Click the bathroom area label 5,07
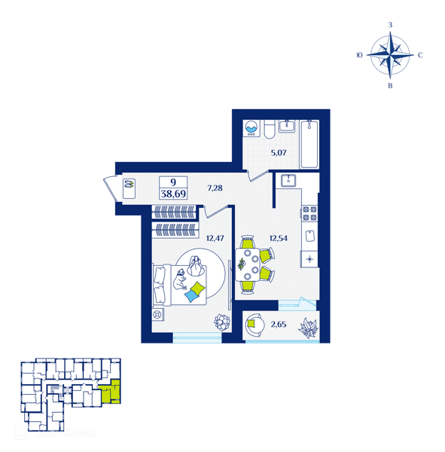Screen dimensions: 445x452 279,153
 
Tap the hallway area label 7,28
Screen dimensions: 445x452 215,188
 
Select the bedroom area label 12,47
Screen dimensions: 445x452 215,238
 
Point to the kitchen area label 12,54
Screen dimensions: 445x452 279,238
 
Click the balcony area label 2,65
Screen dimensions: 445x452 279,325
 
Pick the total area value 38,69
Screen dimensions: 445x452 173,194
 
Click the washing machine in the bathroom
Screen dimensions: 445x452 251,128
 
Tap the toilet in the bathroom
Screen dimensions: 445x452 270,129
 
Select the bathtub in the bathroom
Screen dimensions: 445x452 309,144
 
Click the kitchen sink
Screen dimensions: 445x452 288,181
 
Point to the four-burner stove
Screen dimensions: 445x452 309,213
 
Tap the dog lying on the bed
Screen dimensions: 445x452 179,279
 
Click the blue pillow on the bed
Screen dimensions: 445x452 191,296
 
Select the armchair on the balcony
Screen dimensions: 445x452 255,324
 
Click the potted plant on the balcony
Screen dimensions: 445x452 309,328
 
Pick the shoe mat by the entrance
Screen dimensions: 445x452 129,188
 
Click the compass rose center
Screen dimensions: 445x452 390,54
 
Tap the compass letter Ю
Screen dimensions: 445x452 359,55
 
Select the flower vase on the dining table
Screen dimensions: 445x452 241,264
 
